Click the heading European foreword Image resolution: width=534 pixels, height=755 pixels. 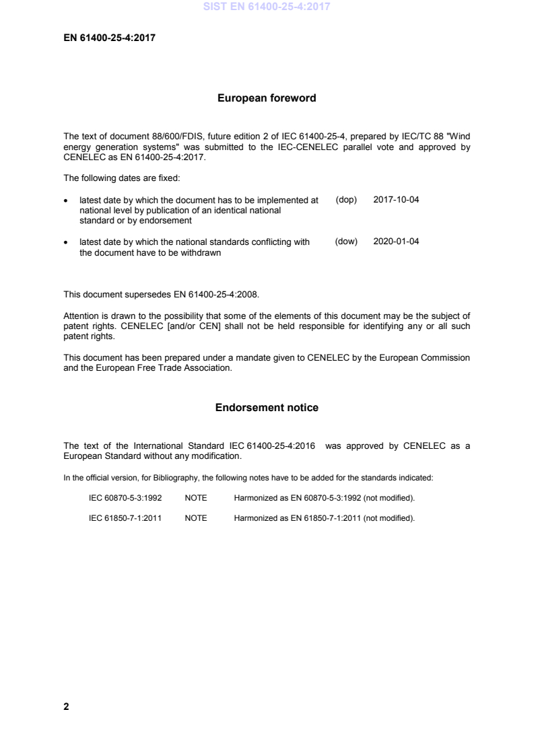pos(267,98)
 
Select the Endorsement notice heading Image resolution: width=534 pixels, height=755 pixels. pos(267,408)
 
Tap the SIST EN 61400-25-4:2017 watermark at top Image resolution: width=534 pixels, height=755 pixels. pos(267,7)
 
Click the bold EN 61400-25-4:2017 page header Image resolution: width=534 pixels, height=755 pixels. pos(109,38)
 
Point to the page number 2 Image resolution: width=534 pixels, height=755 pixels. pos(66,707)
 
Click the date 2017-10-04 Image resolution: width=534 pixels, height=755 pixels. pos(396,201)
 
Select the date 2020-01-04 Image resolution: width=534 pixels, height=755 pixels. pos(396,242)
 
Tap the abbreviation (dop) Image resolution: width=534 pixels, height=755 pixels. pos(345,201)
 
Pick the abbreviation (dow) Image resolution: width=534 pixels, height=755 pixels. pos(345,242)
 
